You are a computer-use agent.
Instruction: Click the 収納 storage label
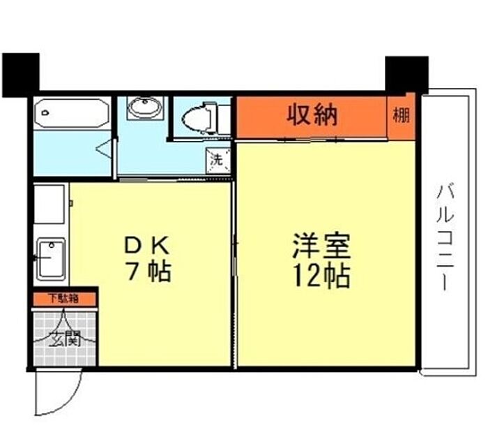pyautogui.click(x=312, y=115)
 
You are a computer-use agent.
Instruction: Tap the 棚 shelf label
pyautogui.click(x=401, y=115)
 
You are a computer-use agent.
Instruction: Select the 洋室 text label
pyautogui.click(x=322, y=246)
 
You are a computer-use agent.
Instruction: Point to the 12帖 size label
pyautogui.click(x=322, y=276)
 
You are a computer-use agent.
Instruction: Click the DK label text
pyautogui.click(x=147, y=245)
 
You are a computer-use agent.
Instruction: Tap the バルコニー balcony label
pyautogui.click(x=445, y=237)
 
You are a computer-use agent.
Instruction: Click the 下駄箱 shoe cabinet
pyautogui.click(x=64, y=299)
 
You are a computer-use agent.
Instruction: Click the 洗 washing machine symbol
pyautogui.click(x=218, y=160)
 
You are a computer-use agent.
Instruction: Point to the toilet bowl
pyautogui.click(x=198, y=118)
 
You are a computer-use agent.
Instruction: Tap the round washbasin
pyautogui.click(x=145, y=107)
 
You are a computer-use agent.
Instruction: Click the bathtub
pyautogui.click(x=72, y=113)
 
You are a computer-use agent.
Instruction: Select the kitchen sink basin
pyautogui.click(x=51, y=259)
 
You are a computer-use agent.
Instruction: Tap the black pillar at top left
pyautogui.click(x=21, y=75)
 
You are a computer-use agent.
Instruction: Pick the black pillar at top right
pyautogui.click(x=406, y=75)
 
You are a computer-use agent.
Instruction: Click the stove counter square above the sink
pyautogui.click(x=49, y=204)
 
